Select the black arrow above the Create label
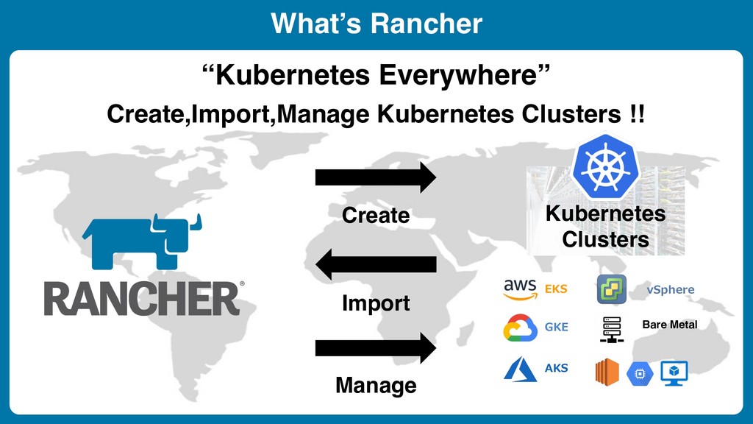[375, 178]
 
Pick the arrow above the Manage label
[375, 347]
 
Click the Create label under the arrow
[376, 216]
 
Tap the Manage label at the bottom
[376, 385]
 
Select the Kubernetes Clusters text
[605, 227]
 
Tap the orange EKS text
[556, 289]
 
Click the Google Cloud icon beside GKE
[520, 328]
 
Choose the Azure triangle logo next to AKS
[520, 369]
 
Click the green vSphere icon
[611, 289]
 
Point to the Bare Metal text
[669, 325]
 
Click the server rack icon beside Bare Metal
[611, 329]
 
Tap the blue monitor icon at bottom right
[674, 373]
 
